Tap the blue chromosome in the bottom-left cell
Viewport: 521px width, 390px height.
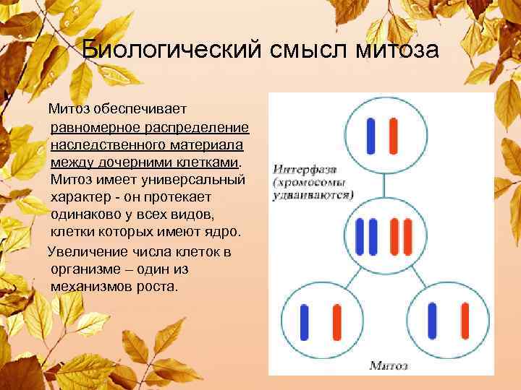(x=305, y=321)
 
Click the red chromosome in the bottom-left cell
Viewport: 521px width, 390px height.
(x=336, y=321)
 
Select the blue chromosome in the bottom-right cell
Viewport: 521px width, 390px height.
(x=432, y=321)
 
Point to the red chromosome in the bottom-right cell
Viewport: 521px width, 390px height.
(x=463, y=321)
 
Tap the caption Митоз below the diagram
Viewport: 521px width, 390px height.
(x=389, y=365)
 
